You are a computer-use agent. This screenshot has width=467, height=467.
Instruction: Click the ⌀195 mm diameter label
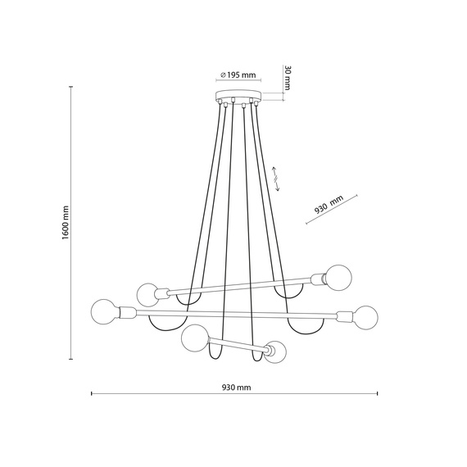coord(238,75)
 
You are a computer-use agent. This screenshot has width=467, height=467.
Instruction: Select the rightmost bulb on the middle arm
coord(365,316)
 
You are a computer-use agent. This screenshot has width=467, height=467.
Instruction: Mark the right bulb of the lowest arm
coord(276,353)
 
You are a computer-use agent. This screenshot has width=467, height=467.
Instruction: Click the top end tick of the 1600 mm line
coord(72,89)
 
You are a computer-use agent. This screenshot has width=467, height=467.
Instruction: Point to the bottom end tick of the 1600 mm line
coord(72,358)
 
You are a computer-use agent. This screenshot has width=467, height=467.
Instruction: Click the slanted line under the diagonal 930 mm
coord(332,214)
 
